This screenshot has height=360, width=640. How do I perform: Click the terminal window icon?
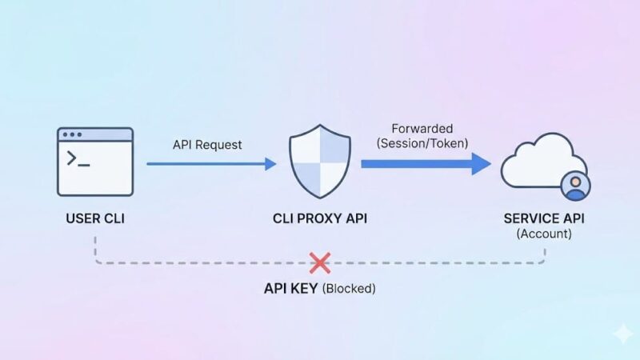point(95,162)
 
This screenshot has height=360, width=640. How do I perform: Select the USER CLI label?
point(95,218)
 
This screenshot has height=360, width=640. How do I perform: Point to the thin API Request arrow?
point(208,164)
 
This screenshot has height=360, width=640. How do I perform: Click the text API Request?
point(207,145)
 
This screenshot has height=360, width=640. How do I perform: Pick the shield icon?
point(320,162)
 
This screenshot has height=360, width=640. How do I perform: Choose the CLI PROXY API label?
point(320,218)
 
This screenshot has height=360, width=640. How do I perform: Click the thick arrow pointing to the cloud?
point(424,163)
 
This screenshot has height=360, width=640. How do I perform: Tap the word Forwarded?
point(422,128)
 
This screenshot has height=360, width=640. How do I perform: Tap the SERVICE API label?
point(545,218)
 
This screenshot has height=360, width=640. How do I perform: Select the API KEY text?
point(291,289)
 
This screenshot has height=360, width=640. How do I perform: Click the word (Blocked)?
point(349,289)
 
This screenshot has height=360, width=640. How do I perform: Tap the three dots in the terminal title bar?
point(72,135)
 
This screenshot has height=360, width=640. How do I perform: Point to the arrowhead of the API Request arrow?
point(270,164)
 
